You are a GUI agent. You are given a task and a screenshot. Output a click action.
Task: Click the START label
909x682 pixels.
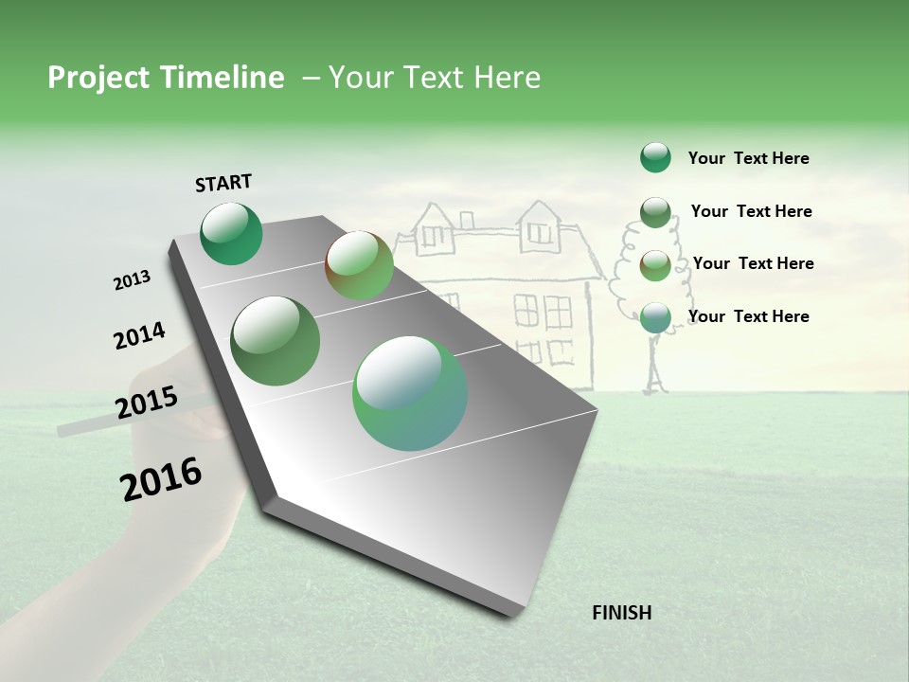tap(223, 183)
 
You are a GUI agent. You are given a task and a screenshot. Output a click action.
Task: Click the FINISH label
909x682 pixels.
tap(621, 613)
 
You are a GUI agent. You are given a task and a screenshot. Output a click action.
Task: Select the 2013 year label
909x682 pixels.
tap(132, 280)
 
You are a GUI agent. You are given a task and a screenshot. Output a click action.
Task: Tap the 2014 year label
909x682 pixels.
tap(139, 336)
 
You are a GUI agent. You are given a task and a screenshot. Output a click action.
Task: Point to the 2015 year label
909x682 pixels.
tap(147, 403)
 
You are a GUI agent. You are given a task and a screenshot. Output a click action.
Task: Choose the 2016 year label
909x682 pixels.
tap(161, 479)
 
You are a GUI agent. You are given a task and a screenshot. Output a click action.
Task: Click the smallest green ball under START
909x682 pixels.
tap(232, 234)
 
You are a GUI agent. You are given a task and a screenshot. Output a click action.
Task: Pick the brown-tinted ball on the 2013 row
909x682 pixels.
tap(359, 265)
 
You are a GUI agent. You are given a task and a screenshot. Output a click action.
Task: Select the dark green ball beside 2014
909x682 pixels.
tap(276, 340)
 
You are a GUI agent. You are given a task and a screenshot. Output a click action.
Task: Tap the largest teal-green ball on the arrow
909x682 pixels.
tap(410, 393)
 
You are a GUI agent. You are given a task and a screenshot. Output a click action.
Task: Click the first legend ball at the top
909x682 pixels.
tap(655, 157)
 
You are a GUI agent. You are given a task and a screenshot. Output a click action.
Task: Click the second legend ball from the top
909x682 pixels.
tap(655, 211)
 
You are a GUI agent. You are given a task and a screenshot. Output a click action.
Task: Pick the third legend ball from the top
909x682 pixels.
tap(655, 264)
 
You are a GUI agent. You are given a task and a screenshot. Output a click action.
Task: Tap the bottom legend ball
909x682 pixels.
tap(655, 317)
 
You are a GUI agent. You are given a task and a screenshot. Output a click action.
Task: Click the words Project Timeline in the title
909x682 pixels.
tap(166, 78)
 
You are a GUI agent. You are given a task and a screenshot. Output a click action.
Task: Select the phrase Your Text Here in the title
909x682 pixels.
tap(435, 78)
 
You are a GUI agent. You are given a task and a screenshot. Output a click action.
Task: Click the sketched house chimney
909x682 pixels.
tap(466, 219)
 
